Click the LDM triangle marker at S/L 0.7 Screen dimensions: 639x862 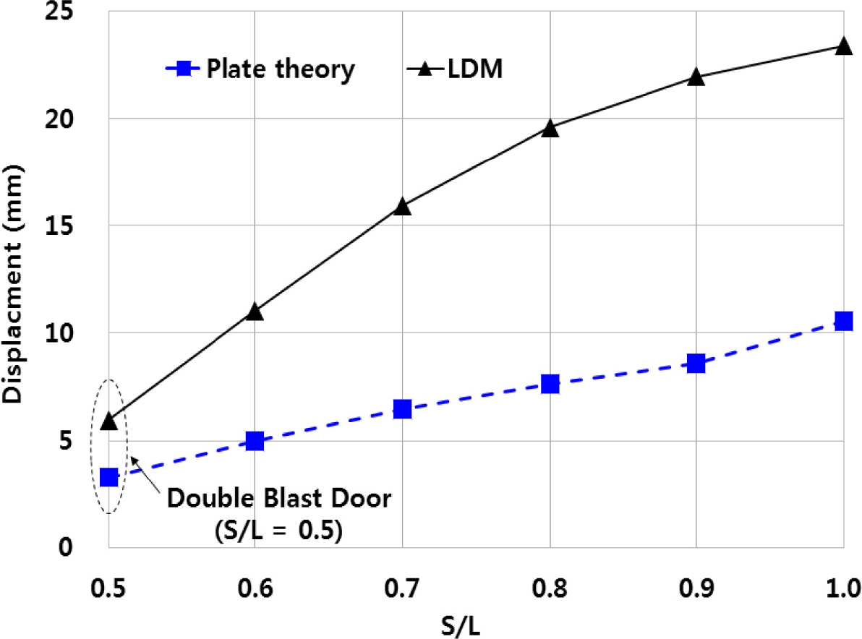[403, 207]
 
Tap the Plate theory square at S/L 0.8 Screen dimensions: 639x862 [550, 383]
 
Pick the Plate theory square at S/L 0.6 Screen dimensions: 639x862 [255, 440]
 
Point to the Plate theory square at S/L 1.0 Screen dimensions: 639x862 [843, 321]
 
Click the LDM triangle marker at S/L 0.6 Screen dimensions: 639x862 [255, 312]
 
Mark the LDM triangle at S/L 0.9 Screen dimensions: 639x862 [696, 77]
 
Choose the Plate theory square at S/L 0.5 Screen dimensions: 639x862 [109, 477]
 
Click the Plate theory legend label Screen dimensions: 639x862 [281, 69]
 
